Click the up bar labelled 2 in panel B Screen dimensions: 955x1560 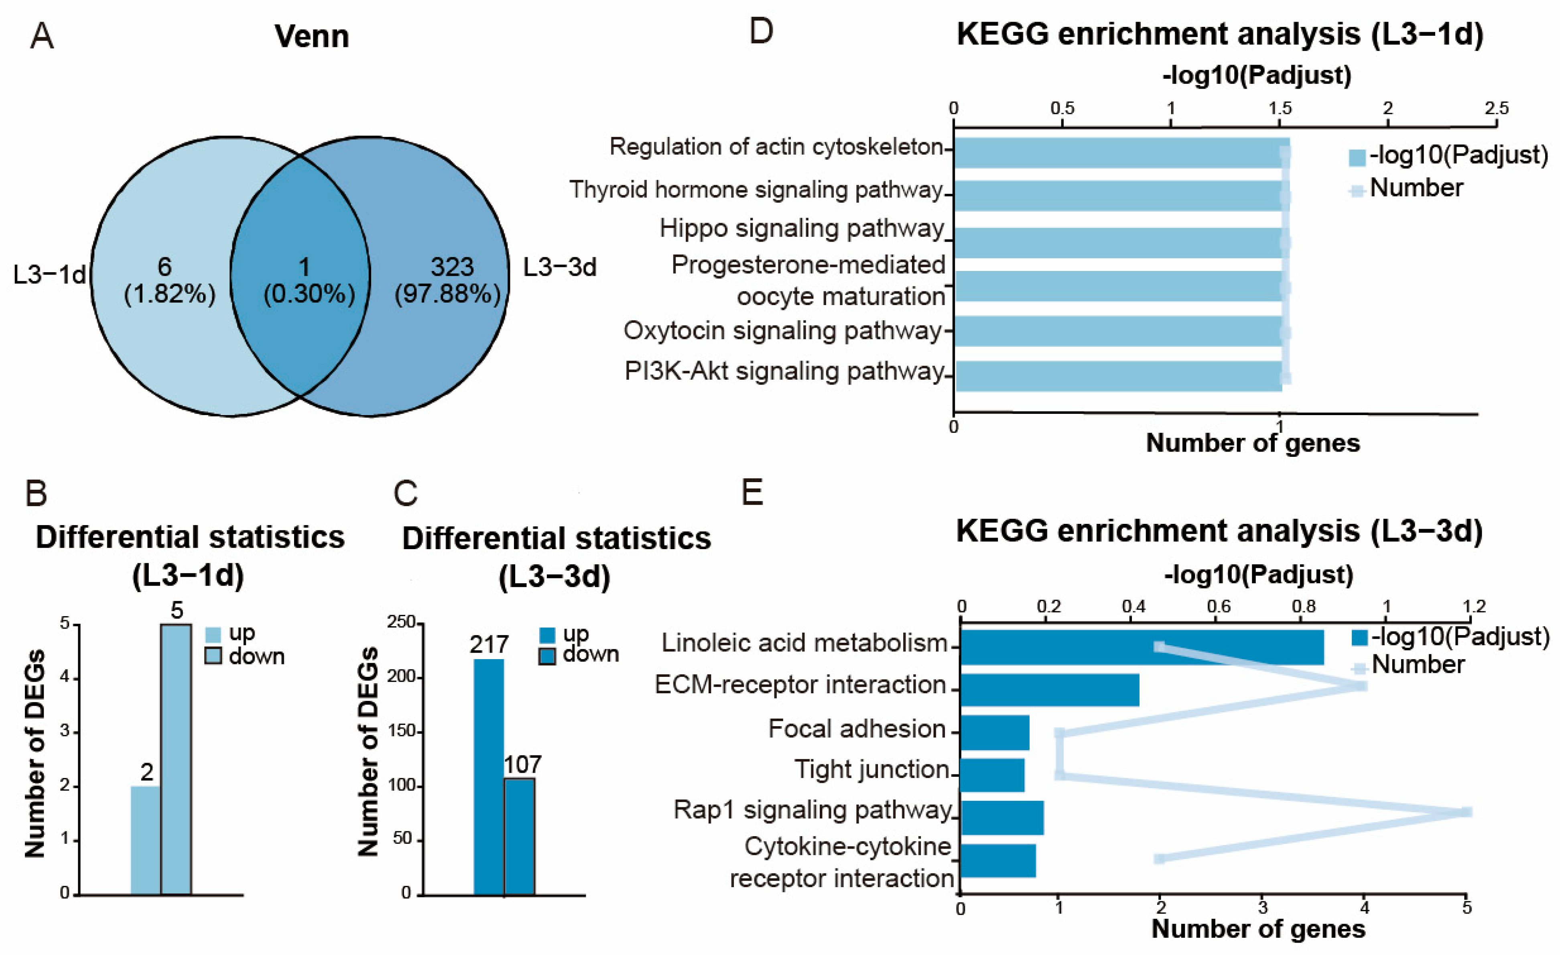pos(146,840)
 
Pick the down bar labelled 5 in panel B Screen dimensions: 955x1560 pos(176,760)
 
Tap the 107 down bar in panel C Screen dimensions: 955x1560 pos(519,836)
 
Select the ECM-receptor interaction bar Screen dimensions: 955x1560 pos(1050,690)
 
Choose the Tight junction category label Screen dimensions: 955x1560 pos(871,770)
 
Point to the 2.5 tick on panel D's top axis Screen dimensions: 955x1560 pos(1497,108)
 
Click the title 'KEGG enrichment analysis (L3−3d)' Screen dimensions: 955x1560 pos(1219,531)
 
